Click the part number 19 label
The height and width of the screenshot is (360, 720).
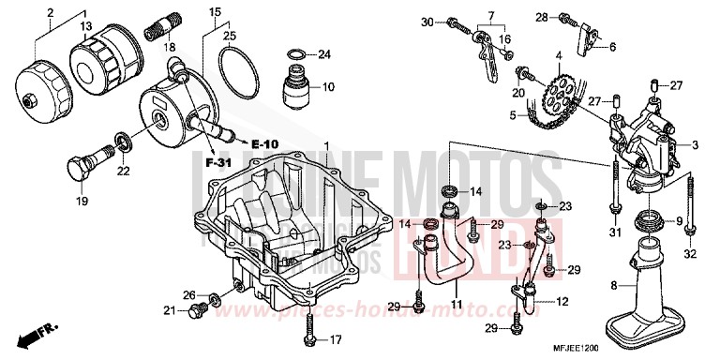click(x=81, y=201)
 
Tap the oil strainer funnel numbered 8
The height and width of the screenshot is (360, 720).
click(x=648, y=281)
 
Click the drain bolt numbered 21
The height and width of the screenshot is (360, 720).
click(x=197, y=311)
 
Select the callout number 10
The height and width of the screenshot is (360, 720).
click(x=327, y=87)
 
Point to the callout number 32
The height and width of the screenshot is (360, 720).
click(x=690, y=253)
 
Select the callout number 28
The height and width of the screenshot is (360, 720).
click(x=541, y=17)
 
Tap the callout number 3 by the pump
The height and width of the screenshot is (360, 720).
click(x=696, y=145)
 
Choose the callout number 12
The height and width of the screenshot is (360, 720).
click(x=562, y=302)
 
